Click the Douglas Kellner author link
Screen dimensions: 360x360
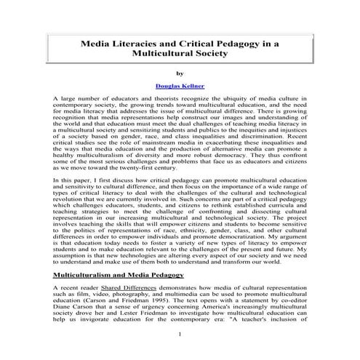coord(180,86)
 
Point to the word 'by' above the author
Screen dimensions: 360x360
coord(180,72)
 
